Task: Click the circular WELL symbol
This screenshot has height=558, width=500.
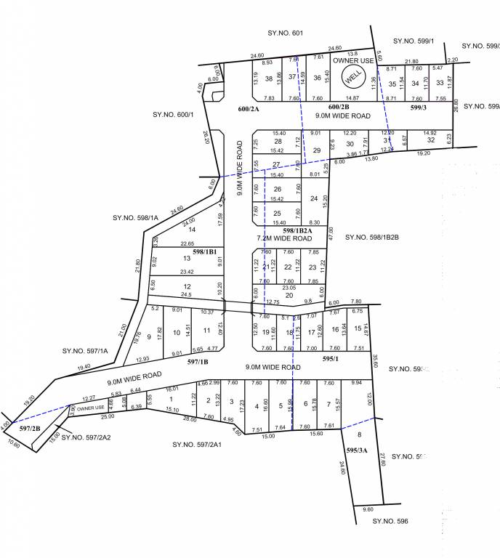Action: (x=354, y=75)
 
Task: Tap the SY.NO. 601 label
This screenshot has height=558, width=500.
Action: (x=286, y=33)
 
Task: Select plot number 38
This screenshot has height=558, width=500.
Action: (x=269, y=78)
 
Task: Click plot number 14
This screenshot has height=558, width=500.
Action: (x=193, y=230)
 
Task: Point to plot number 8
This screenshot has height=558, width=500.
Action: (x=358, y=434)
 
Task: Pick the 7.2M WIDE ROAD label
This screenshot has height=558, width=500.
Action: (x=284, y=238)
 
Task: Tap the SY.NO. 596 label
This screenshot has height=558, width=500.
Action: (x=391, y=521)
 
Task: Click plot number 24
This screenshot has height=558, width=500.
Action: (x=315, y=198)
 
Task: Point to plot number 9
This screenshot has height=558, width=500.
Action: (x=149, y=336)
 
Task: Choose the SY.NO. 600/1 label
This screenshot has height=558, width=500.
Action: (x=172, y=115)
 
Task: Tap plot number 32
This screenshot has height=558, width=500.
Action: (x=431, y=140)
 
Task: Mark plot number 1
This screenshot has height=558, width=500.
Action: (x=171, y=399)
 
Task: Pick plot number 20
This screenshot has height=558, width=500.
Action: (x=289, y=295)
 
